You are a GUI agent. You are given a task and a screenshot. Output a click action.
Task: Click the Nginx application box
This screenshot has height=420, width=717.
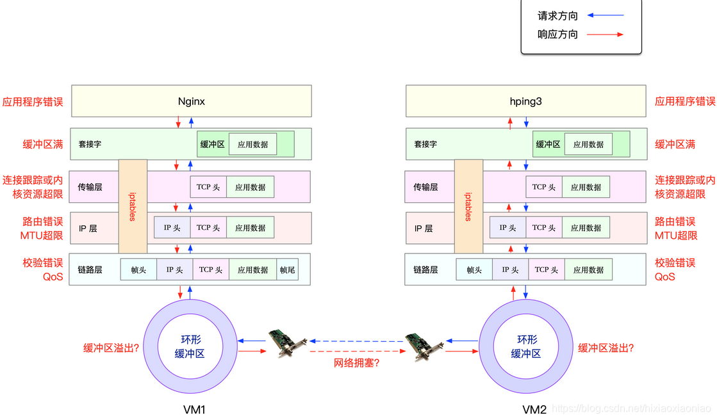coord(191,101)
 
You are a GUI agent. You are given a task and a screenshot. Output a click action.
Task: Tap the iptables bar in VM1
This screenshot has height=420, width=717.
coord(133,206)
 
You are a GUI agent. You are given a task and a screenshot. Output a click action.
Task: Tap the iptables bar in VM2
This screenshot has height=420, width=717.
coord(468,206)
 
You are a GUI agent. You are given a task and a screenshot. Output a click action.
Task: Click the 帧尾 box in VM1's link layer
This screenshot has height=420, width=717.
coord(287,270)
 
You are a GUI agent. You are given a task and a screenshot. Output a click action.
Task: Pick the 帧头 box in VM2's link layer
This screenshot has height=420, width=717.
coord(474,270)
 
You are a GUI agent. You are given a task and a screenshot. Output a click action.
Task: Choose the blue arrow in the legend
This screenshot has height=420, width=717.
coord(606,15)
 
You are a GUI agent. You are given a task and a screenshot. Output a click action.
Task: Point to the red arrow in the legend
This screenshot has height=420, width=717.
coord(606,35)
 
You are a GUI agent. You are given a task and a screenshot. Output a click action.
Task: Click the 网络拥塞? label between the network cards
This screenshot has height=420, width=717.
coord(357,363)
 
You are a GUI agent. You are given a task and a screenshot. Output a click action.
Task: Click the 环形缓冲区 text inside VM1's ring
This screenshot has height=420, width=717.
coord(190,346)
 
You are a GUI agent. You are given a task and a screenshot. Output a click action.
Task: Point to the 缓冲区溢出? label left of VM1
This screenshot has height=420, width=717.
coord(111,348)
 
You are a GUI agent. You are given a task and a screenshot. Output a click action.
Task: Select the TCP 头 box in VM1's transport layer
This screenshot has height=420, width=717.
coord(208,187)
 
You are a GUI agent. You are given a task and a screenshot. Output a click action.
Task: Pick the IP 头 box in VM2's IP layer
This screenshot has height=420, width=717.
coord(507,228)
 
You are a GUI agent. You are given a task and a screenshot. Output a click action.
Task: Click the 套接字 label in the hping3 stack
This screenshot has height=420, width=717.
coord(425,145)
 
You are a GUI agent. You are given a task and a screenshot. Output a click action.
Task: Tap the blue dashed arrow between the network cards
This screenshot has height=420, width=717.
coord(357,341)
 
